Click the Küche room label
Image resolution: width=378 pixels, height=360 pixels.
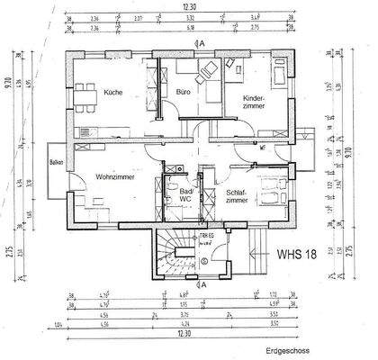(x=112, y=93)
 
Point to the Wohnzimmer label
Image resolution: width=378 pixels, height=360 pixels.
(x=114, y=177)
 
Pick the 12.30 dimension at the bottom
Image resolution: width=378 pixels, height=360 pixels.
(x=184, y=332)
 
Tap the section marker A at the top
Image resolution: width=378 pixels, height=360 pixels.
(x=204, y=42)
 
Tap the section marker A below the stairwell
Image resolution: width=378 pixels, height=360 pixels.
(x=204, y=284)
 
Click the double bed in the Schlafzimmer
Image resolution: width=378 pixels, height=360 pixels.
(x=268, y=191)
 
